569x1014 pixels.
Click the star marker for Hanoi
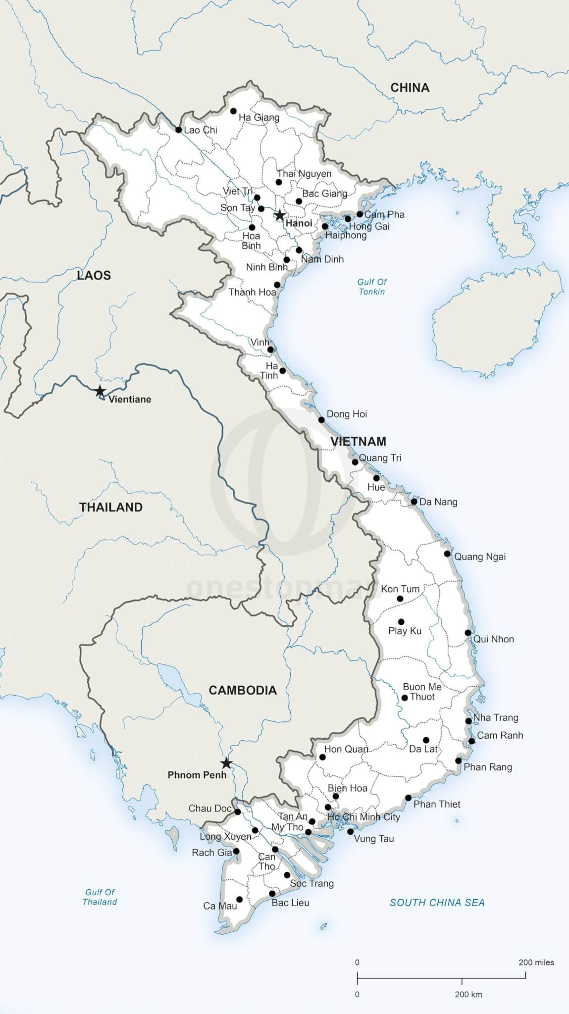point(280,215)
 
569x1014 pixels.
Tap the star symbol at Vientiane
point(100,391)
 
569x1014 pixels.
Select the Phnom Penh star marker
point(226,763)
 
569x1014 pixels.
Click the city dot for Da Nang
point(414,502)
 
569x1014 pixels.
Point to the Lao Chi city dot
point(178,130)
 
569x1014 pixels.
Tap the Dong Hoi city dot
point(321,420)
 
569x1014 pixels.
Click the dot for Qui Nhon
point(468,633)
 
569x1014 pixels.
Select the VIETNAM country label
point(358,441)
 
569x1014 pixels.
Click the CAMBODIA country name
point(242,690)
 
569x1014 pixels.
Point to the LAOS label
point(94,275)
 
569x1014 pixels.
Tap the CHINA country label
point(410,88)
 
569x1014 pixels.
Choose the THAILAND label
point(111,507)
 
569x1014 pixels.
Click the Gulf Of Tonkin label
point(372,287)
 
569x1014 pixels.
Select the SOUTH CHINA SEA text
point(437,903)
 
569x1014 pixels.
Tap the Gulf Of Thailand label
point(100,897)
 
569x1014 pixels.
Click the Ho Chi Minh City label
point(364,816)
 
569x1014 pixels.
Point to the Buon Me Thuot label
point(422,692)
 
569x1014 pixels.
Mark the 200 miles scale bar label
point(536,963)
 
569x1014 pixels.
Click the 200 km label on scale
point(468,994)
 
